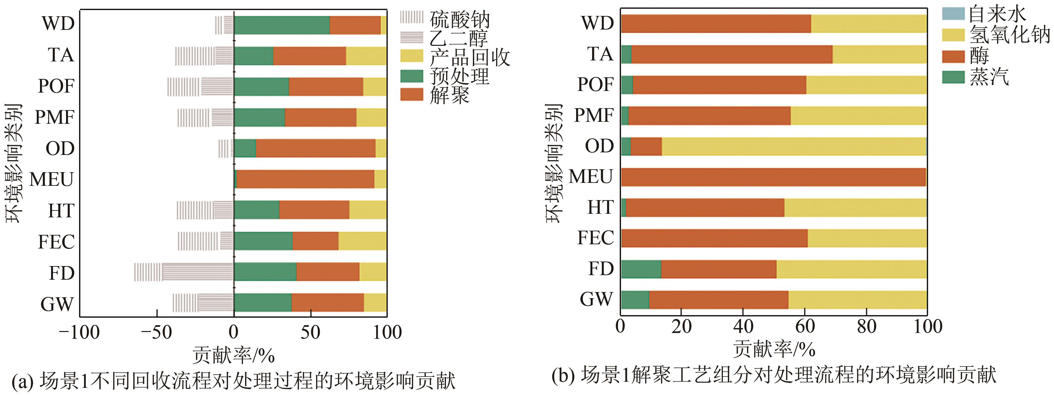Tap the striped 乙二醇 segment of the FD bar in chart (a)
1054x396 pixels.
click(198, 272)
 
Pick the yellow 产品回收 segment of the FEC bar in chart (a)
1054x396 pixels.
click(362, 241)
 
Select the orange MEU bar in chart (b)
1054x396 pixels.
click(773, 177)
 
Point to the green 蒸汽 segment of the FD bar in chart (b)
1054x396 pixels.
click(641, 269)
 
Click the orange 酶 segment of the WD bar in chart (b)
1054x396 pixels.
click(716, 24)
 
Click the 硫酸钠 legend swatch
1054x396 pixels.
click(411, 17)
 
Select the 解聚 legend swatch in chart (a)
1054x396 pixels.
click(411, 95)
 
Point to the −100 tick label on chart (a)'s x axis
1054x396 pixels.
click(79, 333)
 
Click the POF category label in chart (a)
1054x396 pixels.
click(56, 86)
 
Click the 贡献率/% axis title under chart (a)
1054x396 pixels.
click(234, 355)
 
